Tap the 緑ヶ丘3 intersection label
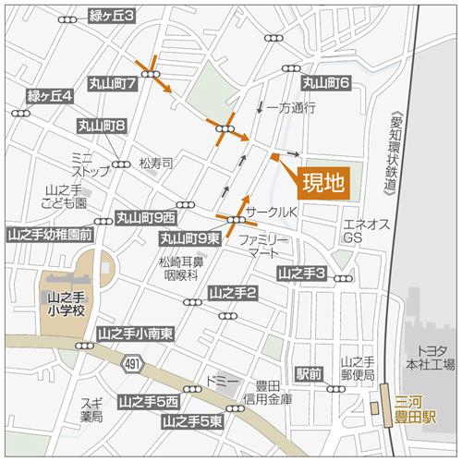click(x=112, y=15)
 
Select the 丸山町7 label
click(x=113, y=83)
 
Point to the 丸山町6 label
click(x=325, y=83)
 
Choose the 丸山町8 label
click(x=102, y=124)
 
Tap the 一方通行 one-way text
click(x=290, y=108)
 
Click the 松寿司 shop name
click(x=156, y=164)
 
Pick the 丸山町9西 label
click(x=146, y=217)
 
